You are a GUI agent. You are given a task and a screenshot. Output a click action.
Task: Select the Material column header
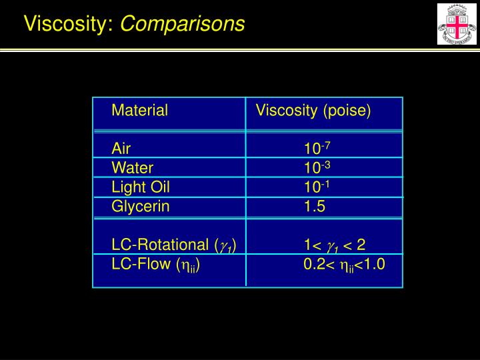[x=139, y=111]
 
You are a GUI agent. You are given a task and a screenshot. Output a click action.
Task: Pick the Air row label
[x=121, y=148]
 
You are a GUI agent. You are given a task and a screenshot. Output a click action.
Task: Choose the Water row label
[x=132, y=167]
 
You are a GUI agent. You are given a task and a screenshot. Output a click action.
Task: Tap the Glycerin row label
[x=141, y=207]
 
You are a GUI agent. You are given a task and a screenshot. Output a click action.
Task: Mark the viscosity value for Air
[x=314, y=147]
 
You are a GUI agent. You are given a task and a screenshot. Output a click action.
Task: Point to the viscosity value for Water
[x=314, y=167]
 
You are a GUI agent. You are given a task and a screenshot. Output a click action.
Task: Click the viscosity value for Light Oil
[x=314, y=186]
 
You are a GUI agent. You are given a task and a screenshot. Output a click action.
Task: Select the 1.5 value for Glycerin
[x=315, y=207]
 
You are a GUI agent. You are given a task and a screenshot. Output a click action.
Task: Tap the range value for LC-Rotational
[x=335, y=245]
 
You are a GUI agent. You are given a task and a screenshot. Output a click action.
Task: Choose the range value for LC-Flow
[x=344, y=265]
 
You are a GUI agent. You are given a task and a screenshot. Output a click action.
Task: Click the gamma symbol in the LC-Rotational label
[x=225, y=246]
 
